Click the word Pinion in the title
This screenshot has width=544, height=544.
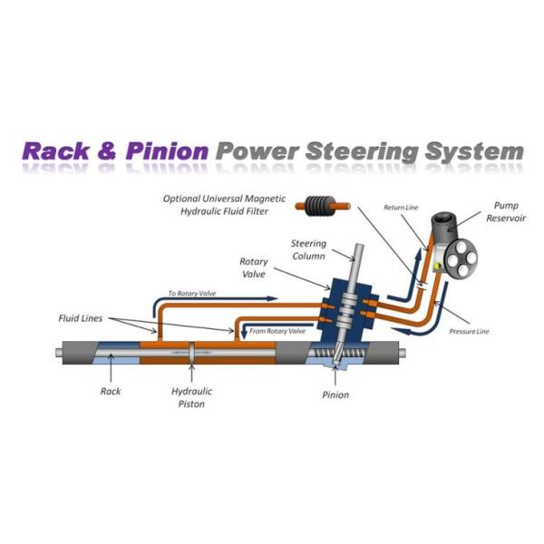(167, 151)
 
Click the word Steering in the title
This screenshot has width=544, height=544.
(362, 152)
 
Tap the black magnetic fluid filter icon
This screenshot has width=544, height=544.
(317, 207)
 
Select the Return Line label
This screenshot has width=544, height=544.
(401, 208)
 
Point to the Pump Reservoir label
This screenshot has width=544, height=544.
(506, 211)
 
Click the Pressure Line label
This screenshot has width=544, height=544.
(469, 331)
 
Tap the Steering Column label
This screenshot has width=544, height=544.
(308, 250)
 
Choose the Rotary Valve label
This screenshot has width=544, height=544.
(254, 267)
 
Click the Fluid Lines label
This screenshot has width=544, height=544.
(80, 318)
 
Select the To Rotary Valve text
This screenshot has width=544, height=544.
(192, 294)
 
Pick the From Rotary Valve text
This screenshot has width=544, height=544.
(277, 331)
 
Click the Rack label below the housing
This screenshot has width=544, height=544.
(111, 391)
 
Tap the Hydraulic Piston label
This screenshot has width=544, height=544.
(191, 398)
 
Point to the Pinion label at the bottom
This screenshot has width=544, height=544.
(335, 394)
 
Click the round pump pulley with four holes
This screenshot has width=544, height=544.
(461, 258)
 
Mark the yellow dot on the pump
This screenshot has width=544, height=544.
(437, 266)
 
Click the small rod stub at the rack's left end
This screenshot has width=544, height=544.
(59, 353)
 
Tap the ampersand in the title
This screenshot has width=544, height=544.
(107, 151)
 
